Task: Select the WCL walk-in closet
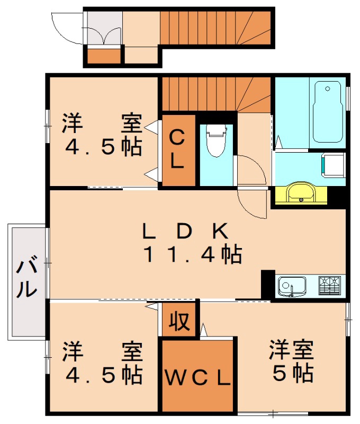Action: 197,377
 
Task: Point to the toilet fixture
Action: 216,140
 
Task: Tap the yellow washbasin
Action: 300,193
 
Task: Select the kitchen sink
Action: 292,286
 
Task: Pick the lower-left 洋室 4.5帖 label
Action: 103,364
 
